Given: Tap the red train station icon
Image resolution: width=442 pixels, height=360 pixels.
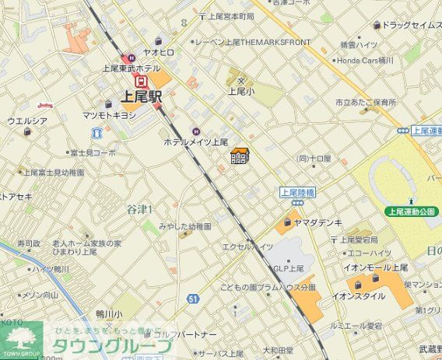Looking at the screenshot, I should [141, 81].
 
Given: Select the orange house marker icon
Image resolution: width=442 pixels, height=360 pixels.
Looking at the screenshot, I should [240, 156].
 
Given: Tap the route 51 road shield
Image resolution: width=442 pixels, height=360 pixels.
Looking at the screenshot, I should [193, 297].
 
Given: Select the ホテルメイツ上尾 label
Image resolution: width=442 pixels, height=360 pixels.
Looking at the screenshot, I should [195, 142].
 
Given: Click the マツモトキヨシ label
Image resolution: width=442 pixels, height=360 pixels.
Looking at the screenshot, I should [109, 115].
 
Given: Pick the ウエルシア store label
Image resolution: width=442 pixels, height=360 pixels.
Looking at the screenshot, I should [27, 121].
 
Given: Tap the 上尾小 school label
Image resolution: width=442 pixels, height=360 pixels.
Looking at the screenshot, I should [237, 91].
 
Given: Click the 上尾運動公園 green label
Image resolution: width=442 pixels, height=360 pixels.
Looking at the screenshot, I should [414, 211].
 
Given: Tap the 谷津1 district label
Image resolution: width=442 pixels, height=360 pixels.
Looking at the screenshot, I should [140, 208].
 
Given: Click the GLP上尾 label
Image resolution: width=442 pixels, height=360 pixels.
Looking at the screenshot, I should [289, 268].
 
